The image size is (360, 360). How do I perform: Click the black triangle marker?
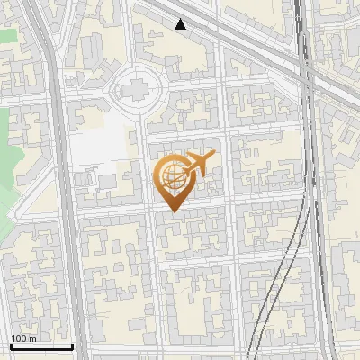181,24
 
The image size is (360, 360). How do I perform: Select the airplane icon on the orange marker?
200,163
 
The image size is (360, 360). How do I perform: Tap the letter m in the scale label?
33,338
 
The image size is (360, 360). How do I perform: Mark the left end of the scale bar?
10,346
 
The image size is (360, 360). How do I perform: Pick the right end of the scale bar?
72,346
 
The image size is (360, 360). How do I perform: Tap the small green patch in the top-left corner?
7,36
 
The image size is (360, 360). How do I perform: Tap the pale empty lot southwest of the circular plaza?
99,144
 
